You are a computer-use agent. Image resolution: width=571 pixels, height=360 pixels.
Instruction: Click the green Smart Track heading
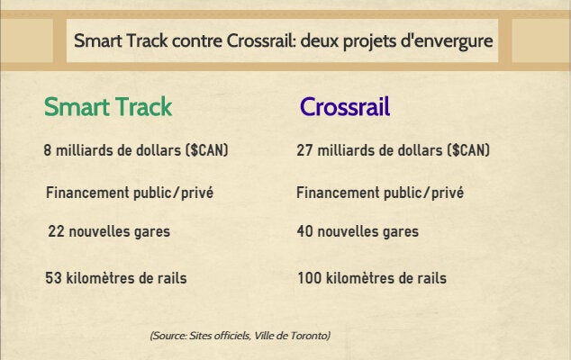click(x=108, y=107)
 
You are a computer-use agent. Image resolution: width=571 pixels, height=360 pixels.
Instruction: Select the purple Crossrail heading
click(x=345, y=107)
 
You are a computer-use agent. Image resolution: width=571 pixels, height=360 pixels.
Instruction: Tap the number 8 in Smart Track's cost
click(x=48, y=150)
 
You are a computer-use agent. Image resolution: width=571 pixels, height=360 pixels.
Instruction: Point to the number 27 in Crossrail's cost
click(x=304, y=150)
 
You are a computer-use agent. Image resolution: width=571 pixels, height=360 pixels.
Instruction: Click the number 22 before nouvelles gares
click(x=56, y=231)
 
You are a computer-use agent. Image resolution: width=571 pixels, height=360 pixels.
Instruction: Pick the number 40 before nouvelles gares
click(x=304, y=231)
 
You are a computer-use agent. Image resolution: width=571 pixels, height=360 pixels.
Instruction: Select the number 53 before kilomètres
click(x=53, y=278)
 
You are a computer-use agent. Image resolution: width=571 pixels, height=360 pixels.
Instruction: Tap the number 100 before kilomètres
click(x=310, y=278)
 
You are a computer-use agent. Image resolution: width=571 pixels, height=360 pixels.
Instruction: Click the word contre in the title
click(x=196, y=40)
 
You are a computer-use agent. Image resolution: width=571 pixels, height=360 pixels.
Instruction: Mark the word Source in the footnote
click(x=168, y=336)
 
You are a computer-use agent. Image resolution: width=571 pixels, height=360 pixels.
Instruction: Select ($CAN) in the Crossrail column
click(x=468, y=150)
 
